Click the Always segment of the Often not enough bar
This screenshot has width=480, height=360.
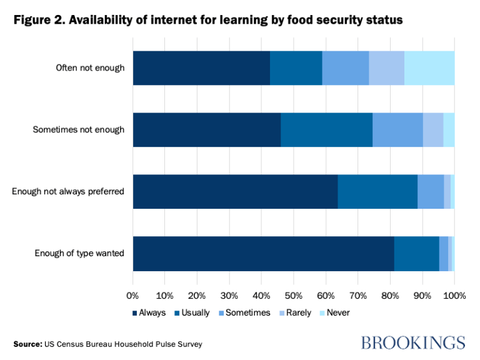(x=201, y=67)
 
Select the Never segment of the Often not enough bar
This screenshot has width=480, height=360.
(x=429, y=67)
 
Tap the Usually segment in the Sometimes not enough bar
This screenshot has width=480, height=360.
(x=326, y=129)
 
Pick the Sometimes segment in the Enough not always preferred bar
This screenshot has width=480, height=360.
(x=431, y=191)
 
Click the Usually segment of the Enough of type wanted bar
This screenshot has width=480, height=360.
(x=417, y=253)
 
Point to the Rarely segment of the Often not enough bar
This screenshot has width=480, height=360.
(x=387, y=67)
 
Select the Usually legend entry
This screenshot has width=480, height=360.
(x=192, y=312)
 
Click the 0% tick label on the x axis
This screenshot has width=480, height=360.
(x=132, y=295)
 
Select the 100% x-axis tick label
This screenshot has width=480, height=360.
(x=454, y=295)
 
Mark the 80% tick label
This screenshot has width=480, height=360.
(x=390, y=295)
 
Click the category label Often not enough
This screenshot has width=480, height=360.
(x=90, y=67)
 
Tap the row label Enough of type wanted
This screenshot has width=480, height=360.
(x=79, y=253)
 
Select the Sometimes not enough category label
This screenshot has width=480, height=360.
(x=79, y=129)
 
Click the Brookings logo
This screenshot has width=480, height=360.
(x=414, y=342)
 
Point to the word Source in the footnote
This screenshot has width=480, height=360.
(x=27, y=344)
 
